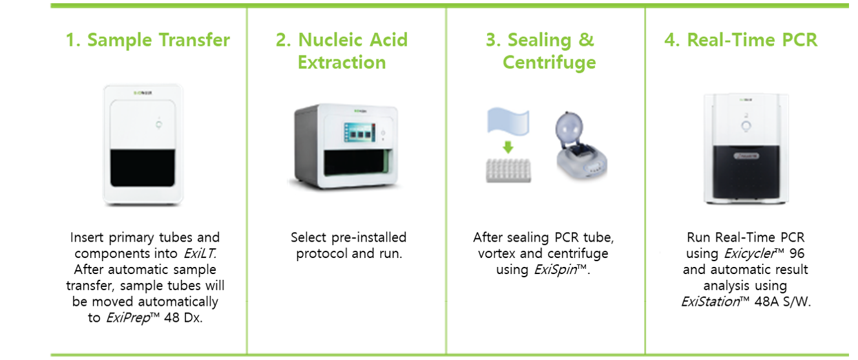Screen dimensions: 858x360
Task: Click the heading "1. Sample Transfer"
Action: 148,40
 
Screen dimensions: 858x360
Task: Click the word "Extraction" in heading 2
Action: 342,63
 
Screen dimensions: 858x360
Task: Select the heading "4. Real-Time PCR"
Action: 741,40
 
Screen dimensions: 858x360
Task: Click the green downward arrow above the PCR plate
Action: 508,147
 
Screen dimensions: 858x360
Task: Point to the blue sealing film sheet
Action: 508,121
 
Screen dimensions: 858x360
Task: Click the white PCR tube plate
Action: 508,171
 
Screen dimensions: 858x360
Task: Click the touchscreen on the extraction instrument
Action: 360,132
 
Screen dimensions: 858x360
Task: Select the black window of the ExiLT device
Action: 143,168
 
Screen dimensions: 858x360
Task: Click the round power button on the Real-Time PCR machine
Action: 746,126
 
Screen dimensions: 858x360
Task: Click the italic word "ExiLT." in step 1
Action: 200,253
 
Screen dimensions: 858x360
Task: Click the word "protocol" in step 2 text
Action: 322,254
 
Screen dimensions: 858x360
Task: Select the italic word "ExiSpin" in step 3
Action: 556,270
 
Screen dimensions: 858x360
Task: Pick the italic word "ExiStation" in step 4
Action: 711,302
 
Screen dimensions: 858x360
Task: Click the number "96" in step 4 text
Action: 797,253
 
